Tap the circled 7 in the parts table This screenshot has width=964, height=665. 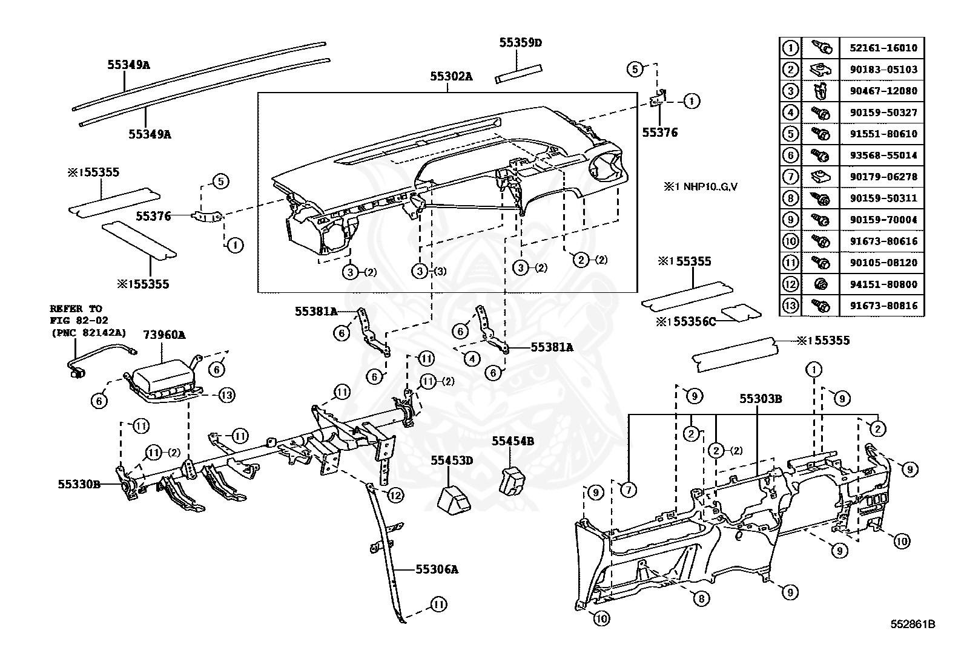(790, 177)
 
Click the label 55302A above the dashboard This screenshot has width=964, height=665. (451, 76)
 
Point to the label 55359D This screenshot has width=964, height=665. (520, 42)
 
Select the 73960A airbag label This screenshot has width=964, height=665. (164, 334)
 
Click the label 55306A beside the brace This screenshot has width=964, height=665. (437, 569)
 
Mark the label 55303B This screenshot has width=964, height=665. (760, 399)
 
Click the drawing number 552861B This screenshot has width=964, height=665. (913, 624)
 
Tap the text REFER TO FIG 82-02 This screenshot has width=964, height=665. (76, 314)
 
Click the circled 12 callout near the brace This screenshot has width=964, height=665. (395, 496)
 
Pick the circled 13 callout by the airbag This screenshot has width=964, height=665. (226, 395)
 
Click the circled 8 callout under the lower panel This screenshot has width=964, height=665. (701, 598)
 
